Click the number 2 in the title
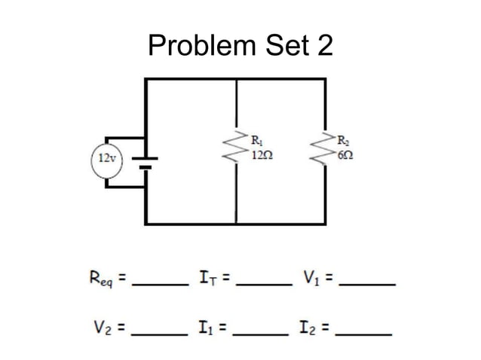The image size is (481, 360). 324,46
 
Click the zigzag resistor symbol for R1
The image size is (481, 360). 237,151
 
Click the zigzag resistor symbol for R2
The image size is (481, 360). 326,151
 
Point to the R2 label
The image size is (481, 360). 343,139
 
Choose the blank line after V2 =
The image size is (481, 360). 159,332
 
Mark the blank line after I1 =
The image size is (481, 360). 261,332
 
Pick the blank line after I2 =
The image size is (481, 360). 364,332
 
